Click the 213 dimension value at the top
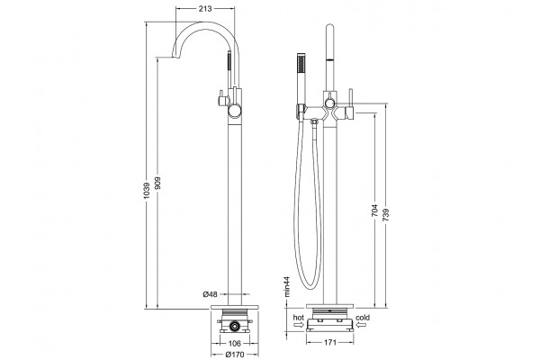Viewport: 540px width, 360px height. coord(205,9)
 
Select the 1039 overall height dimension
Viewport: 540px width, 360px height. coord(147,191)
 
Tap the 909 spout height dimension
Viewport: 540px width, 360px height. coord(157,184)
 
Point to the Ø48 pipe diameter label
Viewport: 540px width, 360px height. coord(210,294)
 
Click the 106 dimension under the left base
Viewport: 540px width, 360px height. coord(235,343)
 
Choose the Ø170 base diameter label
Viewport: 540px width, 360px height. coord(235,354)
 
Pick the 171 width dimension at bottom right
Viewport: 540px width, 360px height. coord(330,342)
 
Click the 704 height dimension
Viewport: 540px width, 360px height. coord(374,211)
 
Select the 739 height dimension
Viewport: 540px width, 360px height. coord(386,215)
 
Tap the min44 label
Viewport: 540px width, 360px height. coord(287,286)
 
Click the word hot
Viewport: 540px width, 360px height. coord(298,318)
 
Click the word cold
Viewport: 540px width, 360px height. coord(363,318)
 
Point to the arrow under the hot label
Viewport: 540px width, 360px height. coord(299,325)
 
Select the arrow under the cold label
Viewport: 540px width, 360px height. coord(362,325)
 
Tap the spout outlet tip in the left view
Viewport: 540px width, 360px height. coord(175,58)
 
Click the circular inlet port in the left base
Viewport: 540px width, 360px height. coord(235,326)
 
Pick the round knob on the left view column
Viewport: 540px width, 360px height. coord(235,111)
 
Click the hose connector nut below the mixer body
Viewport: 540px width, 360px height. coord(314,121)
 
